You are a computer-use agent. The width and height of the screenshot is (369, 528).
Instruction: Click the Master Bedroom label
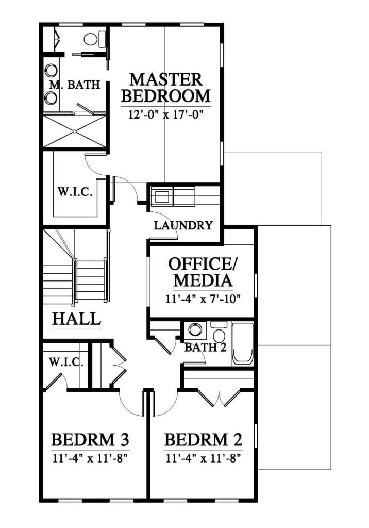tap(165, 88)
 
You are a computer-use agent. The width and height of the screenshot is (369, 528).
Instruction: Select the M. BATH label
tap(74, 85)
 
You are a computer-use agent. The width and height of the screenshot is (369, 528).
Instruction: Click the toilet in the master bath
tap(94, 39)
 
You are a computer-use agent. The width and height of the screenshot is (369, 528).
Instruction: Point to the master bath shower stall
tap(75, 131)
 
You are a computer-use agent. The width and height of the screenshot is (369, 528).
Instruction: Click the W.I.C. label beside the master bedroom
tap(75, 192)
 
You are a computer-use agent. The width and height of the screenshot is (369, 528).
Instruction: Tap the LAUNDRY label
tap(183, 225)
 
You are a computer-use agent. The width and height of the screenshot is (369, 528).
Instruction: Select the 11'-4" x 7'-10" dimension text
tap(203, 299)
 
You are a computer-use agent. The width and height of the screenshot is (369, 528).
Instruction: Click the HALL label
tap(76, 319)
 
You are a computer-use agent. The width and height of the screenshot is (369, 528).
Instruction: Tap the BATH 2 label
tap(205, 347)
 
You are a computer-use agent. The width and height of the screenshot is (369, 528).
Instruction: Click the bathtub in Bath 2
tap(242, 344)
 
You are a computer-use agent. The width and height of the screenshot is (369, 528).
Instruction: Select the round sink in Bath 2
tap(194, 329)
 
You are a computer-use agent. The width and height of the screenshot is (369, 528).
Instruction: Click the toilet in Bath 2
tap(219, 332)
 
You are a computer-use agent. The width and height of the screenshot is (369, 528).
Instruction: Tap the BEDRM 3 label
tap(90, 440)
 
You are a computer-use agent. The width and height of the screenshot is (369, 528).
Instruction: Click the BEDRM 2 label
tap(204, 440)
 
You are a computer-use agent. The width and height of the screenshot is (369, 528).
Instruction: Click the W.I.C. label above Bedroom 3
tap(66, 362)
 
